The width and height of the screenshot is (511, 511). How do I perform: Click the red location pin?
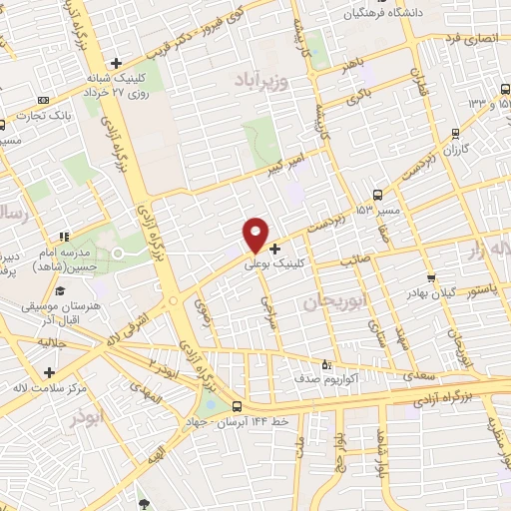click(x=256, y=235)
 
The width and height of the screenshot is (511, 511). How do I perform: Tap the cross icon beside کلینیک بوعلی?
click(x=275, y=249)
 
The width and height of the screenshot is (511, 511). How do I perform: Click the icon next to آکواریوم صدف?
click(x=325, y=363)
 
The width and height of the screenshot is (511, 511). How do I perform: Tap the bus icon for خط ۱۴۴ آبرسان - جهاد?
click(x=237, y=406)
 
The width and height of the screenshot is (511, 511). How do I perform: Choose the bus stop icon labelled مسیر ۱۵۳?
click(x=378, y=195)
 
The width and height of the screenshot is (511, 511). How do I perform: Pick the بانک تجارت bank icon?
click(x=42, y=100)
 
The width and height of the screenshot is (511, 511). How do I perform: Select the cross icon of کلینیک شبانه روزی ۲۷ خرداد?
click(x=117, y=64)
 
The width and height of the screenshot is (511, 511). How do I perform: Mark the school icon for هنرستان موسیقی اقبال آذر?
click(x=60, y=291)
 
